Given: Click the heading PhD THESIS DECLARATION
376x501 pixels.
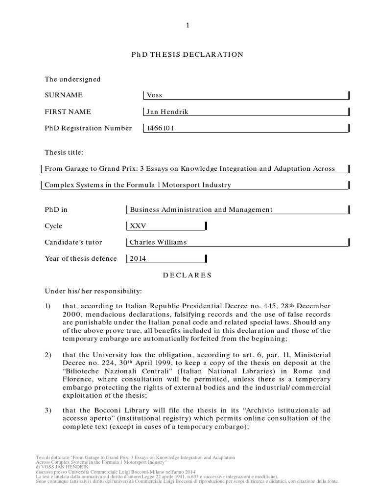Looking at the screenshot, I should point(188,54).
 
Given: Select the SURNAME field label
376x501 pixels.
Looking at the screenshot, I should point(64,95).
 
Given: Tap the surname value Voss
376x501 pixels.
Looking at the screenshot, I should point(153,95).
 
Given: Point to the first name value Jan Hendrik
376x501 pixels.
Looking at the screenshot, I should point(167,112).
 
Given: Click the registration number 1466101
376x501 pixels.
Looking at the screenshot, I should point(161,128).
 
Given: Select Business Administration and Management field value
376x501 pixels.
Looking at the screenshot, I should point(201,209).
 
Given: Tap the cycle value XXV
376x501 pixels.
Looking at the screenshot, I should point(138,226).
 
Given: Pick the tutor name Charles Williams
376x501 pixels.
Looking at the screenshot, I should point(158,242).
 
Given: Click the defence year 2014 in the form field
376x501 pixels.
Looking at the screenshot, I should point(138,258).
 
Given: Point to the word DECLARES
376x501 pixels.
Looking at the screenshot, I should point(188,275).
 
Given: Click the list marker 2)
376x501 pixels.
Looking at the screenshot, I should point(48,355).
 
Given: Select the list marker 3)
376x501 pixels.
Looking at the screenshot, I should point(48,410).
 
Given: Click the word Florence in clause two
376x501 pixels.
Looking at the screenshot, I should point(78,379).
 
